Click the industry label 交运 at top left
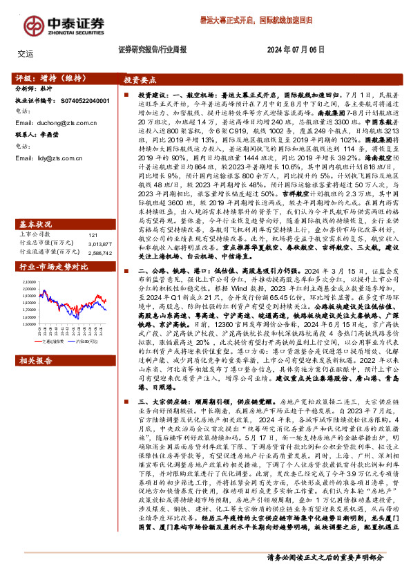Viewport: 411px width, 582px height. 26,53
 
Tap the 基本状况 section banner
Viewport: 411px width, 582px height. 35,205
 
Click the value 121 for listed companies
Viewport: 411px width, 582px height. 94,216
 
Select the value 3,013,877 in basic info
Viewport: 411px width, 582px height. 100,224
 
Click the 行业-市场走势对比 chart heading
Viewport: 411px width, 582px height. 52,247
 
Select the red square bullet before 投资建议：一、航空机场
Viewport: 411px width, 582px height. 126,94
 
